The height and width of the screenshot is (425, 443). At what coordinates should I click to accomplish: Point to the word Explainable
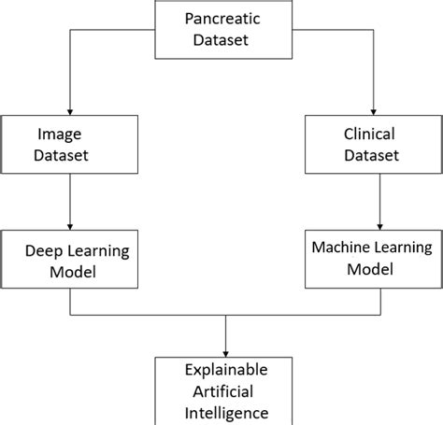pos(225,368)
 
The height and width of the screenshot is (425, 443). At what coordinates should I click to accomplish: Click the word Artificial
pos(225,390)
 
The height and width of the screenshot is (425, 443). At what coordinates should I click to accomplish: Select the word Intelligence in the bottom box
pos(225,412)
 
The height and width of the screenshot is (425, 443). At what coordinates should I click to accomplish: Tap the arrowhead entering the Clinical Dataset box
pos(374,111)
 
